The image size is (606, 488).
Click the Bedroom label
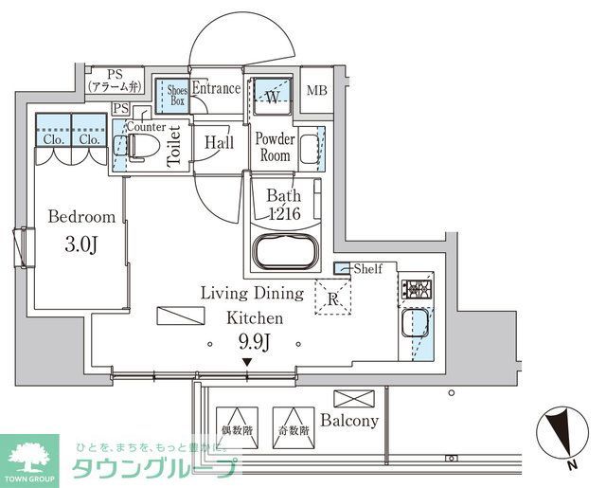82,216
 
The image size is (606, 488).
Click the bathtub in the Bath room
288,253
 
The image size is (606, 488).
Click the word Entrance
217,90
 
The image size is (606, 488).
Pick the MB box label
319,92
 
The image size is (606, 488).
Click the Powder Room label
276,147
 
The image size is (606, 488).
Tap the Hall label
220,144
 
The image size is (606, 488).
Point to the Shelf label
367,269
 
